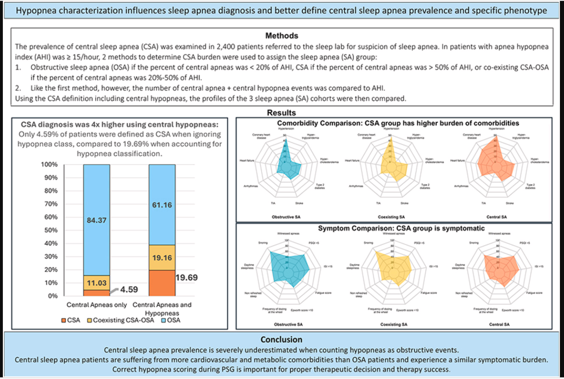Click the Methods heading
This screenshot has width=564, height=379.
(x=282, y=36)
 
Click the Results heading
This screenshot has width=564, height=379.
(x=281, y=113)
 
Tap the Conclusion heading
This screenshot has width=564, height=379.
(x=281, y=339)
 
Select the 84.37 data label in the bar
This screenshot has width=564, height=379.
(x=97, y=220)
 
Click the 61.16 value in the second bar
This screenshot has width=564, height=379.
(x=162, y=205)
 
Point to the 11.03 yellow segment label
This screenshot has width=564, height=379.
(x=97, y=283)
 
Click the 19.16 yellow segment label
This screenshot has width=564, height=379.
(x=162, y=258)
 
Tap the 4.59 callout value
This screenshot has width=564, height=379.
(x=129, y=290)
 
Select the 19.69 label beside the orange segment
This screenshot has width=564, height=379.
(x=187, y=278)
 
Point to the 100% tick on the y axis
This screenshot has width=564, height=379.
(x=49, y=164)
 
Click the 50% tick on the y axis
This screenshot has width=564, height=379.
(x=51, y=230)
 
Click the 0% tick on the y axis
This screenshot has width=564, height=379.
(x=53, y=296)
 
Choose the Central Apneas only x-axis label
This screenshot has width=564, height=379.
(x=97, y=305)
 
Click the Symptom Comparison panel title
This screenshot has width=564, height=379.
(x=401, y=228)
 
